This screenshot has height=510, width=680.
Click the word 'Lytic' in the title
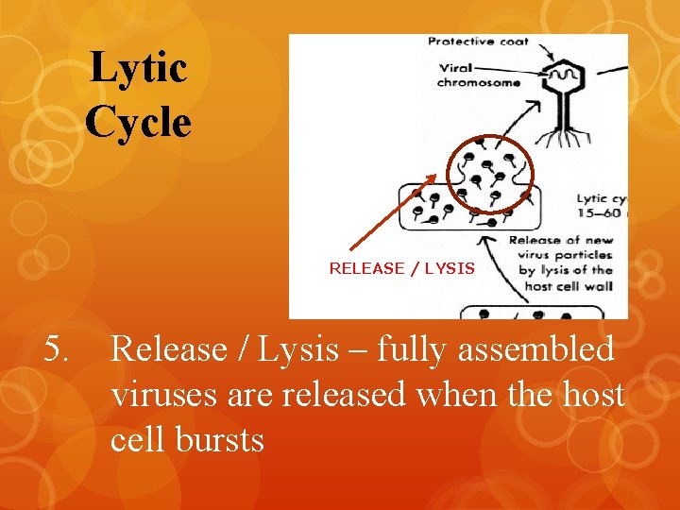[138, 68]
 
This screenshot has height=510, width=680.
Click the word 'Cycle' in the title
[138, 122]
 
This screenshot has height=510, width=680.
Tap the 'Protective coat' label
[478, 42]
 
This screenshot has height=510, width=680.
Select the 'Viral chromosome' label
[478, 76]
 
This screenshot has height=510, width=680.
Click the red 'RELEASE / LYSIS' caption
[401, 268]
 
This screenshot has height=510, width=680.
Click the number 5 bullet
[57, 350]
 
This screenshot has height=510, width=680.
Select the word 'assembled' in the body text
[536, 350]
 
